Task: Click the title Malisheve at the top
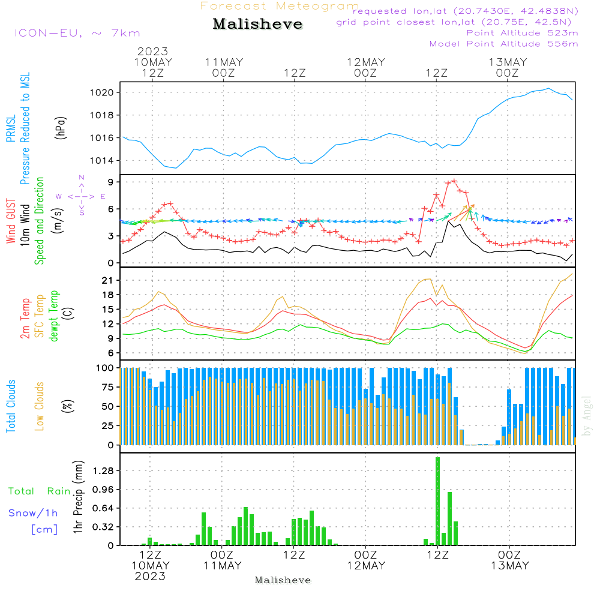(x=257, y=24)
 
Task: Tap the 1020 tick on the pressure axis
(x=101, y=92)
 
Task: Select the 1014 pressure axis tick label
(x=101, y=161)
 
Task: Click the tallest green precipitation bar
(x=438, y=501)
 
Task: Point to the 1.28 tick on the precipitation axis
(x=103, y=470)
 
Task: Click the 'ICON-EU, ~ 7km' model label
(x=77, y=33)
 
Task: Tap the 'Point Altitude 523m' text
(x=523, y=33)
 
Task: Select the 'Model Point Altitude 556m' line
(x=503, y=44)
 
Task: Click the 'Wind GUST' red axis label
(x=11, y=221)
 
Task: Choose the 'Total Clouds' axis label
(x=11, y=406)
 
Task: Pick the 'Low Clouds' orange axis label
(x=40, y=406)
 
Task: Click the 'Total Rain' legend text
(x=40, y=491)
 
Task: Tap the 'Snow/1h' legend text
(x=33, y=513)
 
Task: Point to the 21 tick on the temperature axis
(x=107, y=280)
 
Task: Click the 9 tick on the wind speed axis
(x=110, y=182)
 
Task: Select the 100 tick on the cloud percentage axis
(x=105, y=368)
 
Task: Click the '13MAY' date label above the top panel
(x=508, y=62)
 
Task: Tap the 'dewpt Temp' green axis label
(x=53, y=316)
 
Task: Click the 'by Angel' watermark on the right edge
(x=587, y=416)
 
